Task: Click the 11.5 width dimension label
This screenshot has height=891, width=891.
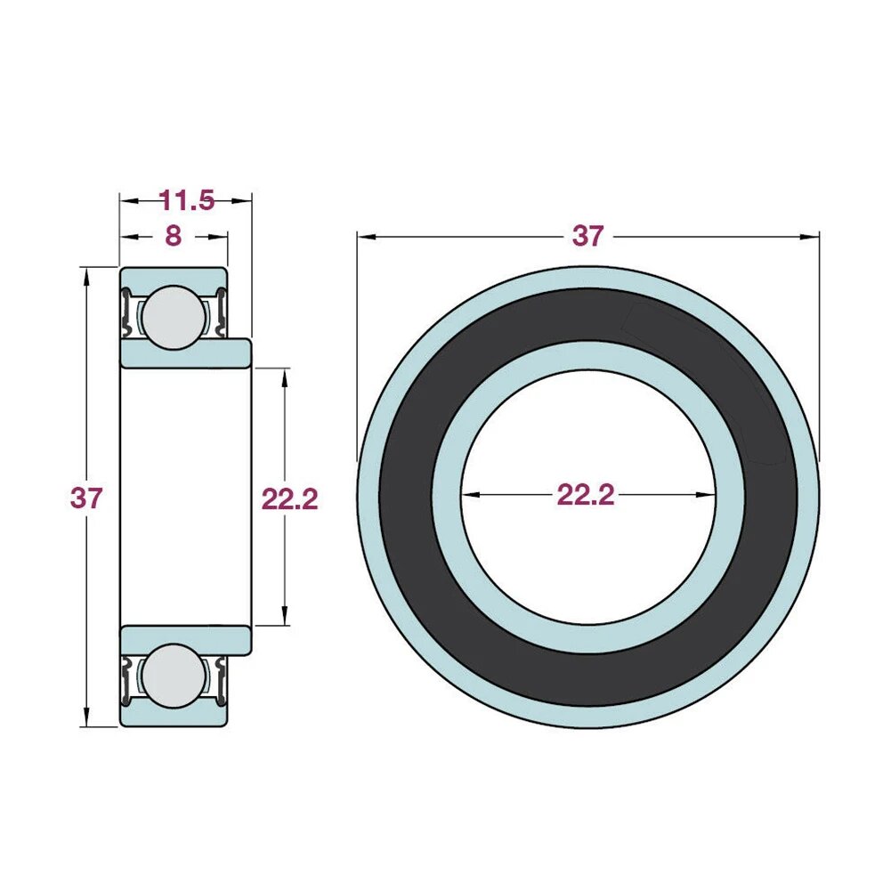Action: tap(187, 200)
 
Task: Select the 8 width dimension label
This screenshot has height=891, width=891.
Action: tap(173, 236)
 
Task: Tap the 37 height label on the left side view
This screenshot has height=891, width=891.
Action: tap(86, 498)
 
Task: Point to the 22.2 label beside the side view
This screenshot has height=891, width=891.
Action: tap(289, 499)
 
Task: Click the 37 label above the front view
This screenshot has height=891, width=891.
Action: tap(587, 236)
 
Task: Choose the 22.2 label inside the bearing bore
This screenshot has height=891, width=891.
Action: tap(586, 495)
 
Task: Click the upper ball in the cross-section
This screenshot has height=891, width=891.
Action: tap(172, 317)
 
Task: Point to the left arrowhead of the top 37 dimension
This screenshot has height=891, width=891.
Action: tap(365, 237)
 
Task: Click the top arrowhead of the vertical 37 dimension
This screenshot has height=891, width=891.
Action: tap(86, 275)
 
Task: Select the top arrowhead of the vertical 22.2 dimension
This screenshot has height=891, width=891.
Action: tap(285, 376)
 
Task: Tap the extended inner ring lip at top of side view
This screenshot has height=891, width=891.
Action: tap(238, 352)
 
